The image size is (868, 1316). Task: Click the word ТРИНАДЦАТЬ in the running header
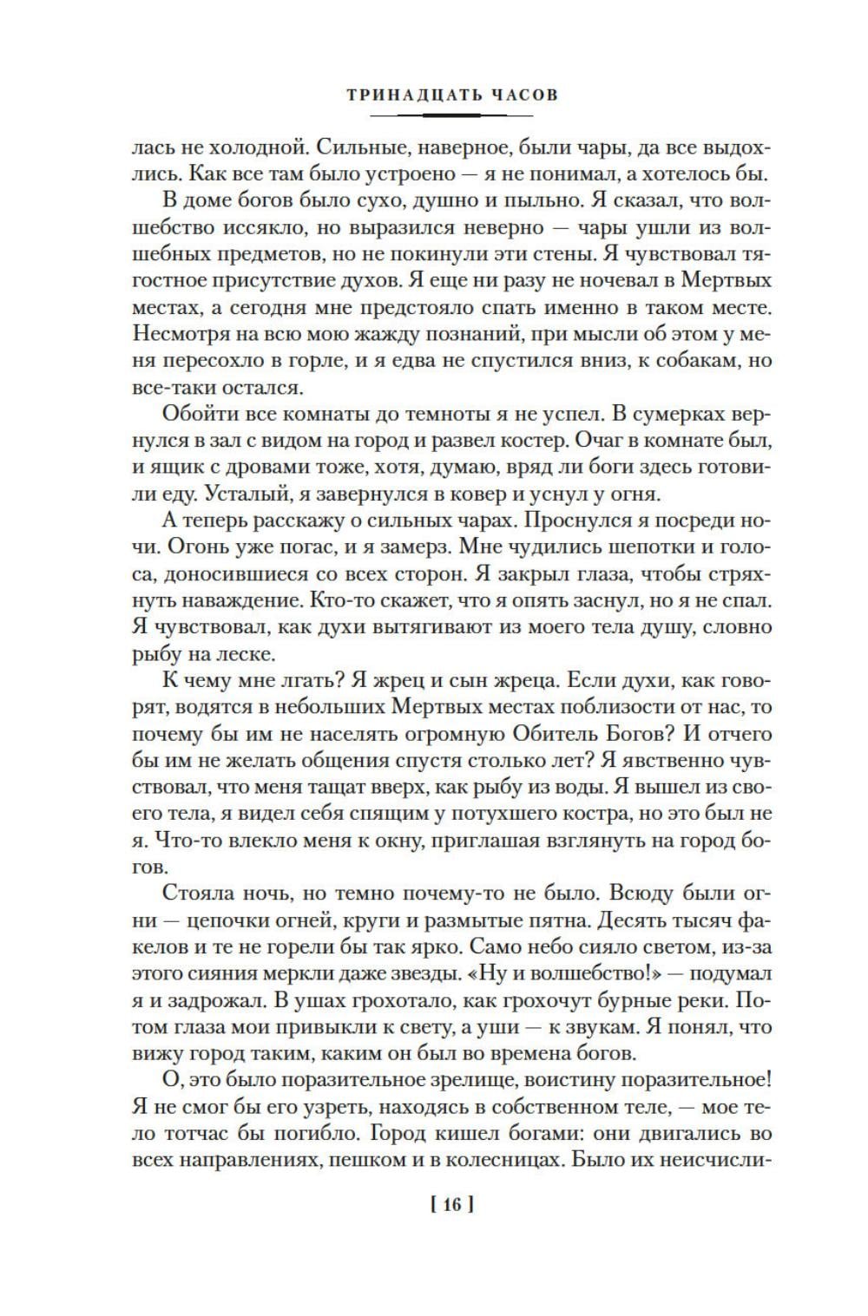(x=405, y=95)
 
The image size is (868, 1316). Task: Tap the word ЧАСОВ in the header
(x=518, y=95)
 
